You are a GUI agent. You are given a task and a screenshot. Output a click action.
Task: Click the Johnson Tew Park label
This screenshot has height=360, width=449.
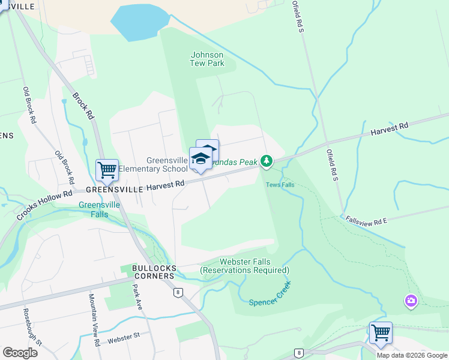pos(207,59)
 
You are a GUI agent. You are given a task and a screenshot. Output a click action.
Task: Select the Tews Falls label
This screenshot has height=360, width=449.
pos(280,184)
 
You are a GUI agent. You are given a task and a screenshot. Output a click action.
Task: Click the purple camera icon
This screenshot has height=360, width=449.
pos(411,301)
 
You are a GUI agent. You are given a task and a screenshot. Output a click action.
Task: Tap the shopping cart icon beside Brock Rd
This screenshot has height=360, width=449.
pos(107,170)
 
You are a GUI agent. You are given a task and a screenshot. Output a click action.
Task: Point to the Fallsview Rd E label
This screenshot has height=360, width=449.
pos(367,220)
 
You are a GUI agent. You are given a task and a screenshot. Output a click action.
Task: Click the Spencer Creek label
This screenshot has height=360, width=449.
pos(270,293)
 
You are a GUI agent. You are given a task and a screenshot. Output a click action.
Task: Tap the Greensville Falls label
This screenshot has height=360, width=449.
pos(99,209)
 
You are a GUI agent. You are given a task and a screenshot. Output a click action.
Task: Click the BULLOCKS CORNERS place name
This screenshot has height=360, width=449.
pos(147,272)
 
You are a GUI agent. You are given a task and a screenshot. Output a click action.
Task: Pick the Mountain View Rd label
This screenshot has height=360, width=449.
pos(94,321)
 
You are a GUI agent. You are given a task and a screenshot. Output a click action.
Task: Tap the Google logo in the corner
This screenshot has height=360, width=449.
pos(20,352)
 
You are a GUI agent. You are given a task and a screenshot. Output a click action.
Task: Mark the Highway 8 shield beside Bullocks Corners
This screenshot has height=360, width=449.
pos(178,292)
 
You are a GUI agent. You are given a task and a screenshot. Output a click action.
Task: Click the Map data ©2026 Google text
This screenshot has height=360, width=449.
pos(412,355)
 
